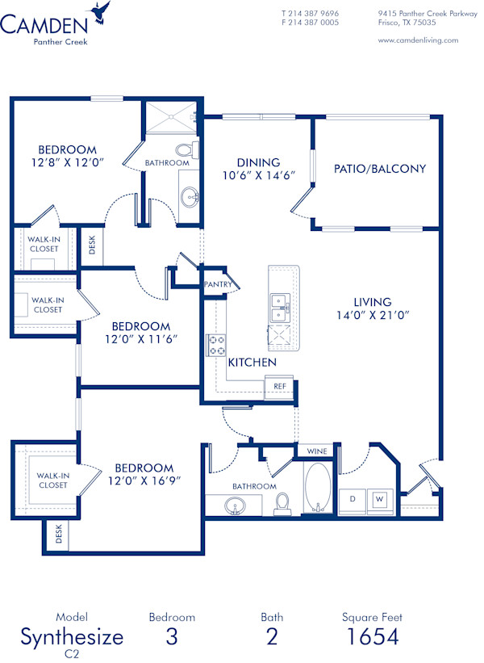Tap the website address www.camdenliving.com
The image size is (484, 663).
(x=418, y=40)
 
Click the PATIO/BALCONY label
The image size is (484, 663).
(x=380, y=169)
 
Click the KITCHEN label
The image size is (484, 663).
(x=252, y=363)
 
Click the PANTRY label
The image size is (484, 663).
(x=218, y=284)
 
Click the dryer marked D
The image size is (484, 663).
(x=352, y=499)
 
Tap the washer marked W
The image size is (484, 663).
(x=378, y=499)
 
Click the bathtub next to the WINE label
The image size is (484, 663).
(x=317, y=488)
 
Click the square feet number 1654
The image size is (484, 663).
(x=372, y=636)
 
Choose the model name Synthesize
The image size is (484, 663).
(x=72, y=636)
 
